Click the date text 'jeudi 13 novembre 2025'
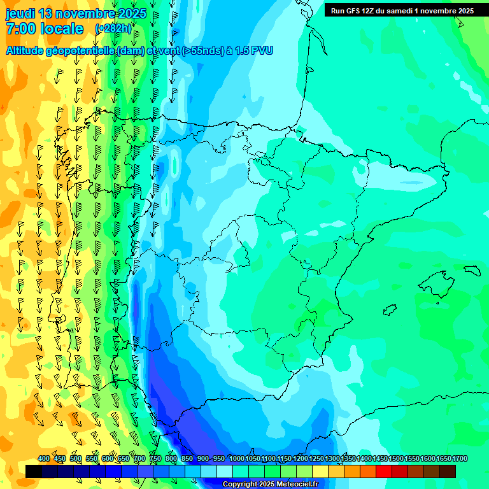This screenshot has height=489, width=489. (x=76, y=14)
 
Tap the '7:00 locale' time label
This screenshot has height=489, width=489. (x=45, y=29)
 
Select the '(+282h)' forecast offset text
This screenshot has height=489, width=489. (x=113, y=29)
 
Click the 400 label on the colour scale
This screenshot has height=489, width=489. (x=44, y=458)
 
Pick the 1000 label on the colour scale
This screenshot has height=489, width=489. (x=237, y=458)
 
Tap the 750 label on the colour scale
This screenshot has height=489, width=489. (x=155, y=458)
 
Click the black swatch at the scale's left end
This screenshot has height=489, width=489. (x=34, y=471)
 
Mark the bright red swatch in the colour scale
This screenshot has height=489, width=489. (x=384, y=471)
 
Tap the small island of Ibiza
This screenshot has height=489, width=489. (x=389, y=310)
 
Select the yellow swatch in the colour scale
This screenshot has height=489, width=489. (x=320, y=471)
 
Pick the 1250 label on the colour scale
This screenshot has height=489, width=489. (x=316, y=458)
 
